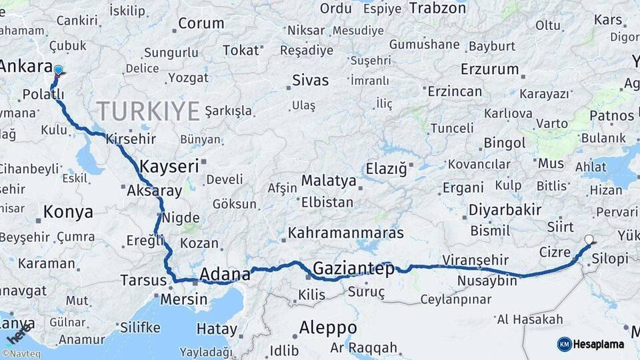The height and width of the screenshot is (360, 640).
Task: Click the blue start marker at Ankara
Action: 58,70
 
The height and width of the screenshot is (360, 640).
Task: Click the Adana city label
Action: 225,274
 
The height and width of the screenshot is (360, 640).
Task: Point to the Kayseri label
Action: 169,165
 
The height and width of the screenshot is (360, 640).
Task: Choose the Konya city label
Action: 68,212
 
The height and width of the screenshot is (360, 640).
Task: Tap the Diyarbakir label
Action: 505,210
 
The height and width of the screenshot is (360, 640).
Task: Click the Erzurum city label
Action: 489,69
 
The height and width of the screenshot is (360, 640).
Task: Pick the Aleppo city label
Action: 327,327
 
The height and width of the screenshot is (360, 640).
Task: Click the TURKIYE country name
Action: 148,111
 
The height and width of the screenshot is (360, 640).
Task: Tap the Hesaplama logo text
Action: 598,344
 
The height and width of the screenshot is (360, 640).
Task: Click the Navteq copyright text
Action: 21,354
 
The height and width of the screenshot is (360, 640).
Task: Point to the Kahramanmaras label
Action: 346,233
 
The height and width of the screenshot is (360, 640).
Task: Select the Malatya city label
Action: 329,180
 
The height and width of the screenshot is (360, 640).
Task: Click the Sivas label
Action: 311,81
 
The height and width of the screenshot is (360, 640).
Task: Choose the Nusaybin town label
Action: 487,281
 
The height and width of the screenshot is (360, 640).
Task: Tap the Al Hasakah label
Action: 530,319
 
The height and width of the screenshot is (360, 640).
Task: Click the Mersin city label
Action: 183,299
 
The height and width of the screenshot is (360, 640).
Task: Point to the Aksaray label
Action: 154,191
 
